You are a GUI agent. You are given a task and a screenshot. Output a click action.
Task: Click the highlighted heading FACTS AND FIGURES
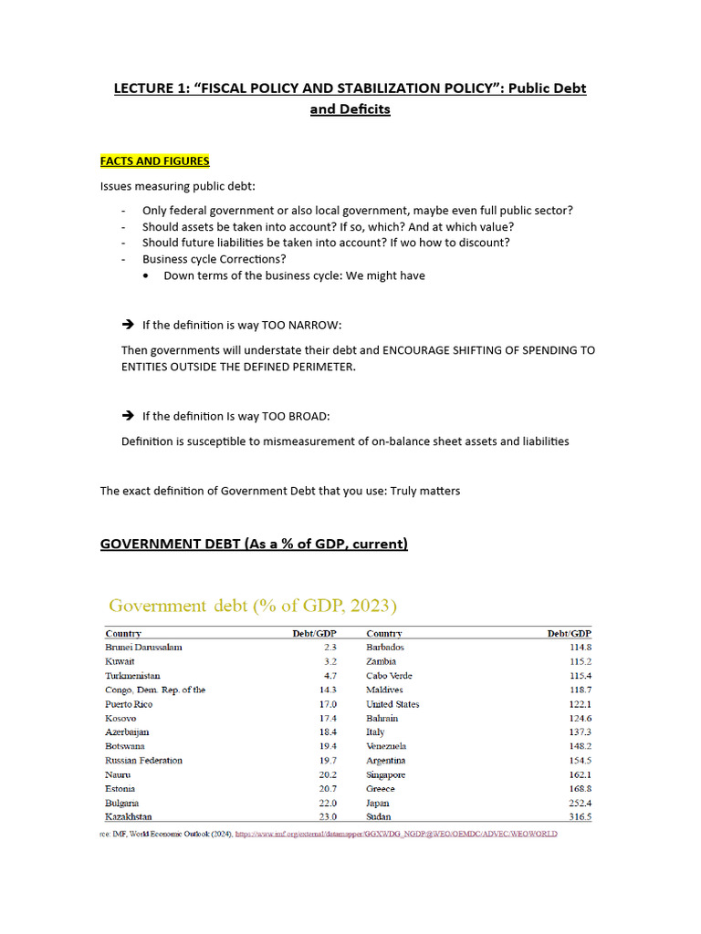pyautogui.click(x=154, y=161)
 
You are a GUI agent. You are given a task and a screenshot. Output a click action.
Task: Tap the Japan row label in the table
pyautogui.click(x=378, y=803)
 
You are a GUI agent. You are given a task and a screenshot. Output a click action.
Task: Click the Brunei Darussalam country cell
pyautogui.click(x=143, y=647)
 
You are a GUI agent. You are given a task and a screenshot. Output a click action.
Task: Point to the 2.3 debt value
pyautogui.click(x=330, y=647)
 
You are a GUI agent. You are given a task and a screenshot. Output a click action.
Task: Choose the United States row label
pyautogui.click(x=392, y=704)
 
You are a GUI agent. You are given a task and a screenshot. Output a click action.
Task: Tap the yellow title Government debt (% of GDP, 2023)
pyautogui.click(x=253, y=606)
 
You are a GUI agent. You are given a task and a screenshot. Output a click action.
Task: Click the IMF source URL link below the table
pyautogui.click(x=396, y=834)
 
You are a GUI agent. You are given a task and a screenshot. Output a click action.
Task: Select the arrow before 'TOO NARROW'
pyautogui.click(x=128, y=325)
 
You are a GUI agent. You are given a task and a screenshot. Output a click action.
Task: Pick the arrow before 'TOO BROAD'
pyautogui.click(x=128, y=416)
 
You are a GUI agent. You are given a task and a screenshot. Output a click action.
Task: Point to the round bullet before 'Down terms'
pyautogui.click(x=147, y=275)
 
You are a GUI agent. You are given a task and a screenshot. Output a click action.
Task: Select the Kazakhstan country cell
pyautogui.click(x=129, y=817)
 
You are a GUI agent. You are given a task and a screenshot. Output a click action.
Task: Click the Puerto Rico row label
pyautogui.click(x=129, y=704)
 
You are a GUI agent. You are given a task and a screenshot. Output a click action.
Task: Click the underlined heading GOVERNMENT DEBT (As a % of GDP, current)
pyautogui.click(x=254, y=545)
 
